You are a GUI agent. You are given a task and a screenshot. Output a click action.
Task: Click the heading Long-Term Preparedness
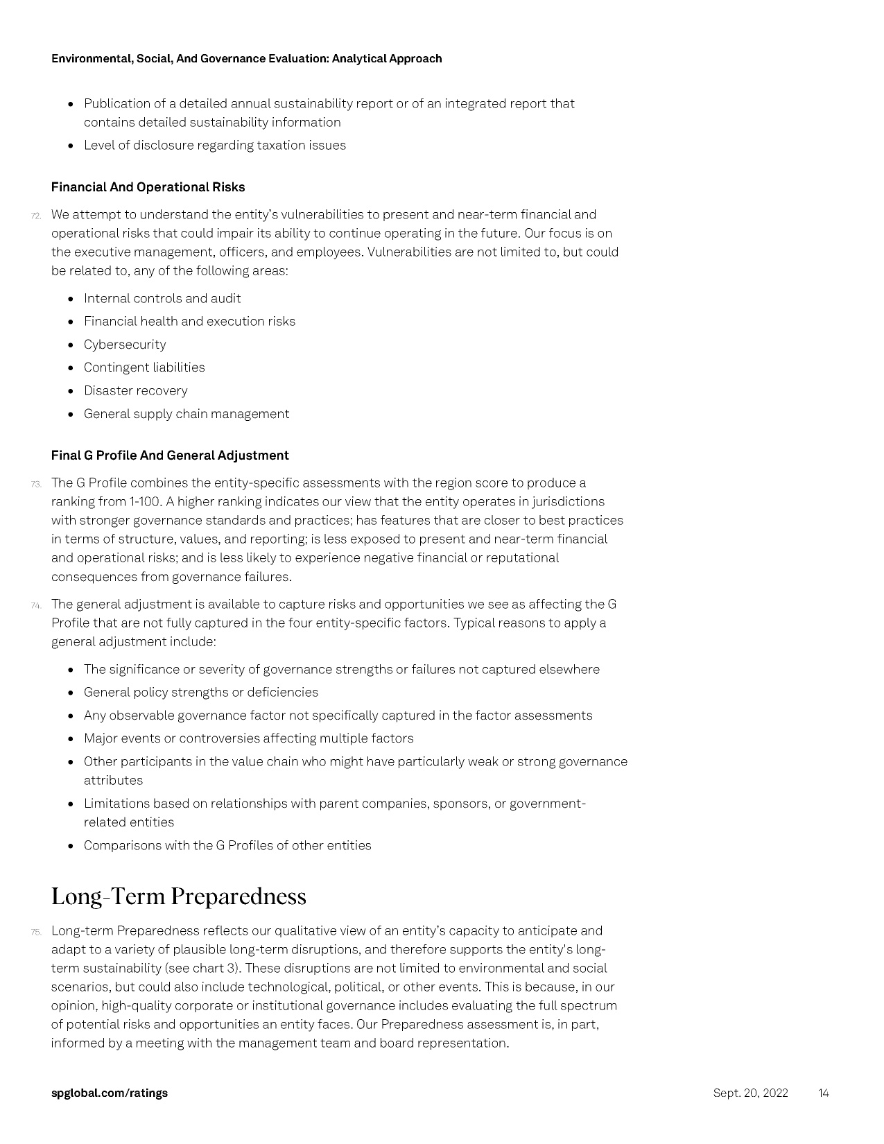tap(178, 896)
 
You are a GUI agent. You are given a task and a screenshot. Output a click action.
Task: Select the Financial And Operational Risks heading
tap(148, 187)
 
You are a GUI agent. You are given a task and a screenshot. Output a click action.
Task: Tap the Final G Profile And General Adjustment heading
tap(170, 456)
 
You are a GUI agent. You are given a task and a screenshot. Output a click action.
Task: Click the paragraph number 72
tap(36, 216)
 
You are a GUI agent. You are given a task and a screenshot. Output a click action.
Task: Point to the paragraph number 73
tap(36, 484)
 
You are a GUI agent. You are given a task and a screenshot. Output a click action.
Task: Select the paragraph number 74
tap(36, 605)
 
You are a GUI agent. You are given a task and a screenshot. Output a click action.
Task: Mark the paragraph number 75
tap(36, 932)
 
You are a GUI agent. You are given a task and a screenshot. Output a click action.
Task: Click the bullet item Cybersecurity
tap(125, 345)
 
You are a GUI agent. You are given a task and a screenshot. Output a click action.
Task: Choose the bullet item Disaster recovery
tap(135, 391)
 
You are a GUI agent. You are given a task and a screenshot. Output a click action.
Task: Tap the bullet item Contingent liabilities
tap(144, 367)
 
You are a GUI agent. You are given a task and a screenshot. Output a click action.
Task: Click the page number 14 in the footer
tap(823, 1093)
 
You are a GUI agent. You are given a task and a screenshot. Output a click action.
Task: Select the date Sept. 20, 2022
tap(750, 1093)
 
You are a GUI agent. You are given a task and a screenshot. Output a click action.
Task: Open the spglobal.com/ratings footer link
tap(110, 1093)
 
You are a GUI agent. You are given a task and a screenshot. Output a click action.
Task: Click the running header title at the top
tap(246, 59)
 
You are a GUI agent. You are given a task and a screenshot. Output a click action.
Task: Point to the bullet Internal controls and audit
tap(162, 299)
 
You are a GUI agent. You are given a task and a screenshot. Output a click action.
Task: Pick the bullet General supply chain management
tap(187, 414)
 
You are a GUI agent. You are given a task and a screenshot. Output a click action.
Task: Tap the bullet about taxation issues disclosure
tap(214, 146)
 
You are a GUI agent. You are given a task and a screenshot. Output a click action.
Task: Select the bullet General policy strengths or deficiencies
tap(200, 693)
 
